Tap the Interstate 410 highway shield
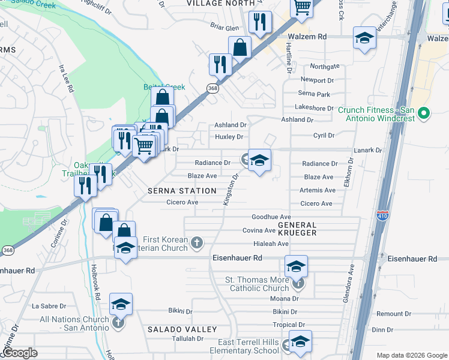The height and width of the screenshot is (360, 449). tap(382, 215)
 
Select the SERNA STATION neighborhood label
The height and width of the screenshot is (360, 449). tap(182, 191)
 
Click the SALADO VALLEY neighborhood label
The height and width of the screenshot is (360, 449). tap(182, 329)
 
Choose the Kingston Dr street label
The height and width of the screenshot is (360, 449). tap(231, 190)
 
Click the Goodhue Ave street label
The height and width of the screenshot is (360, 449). tap(271, 217)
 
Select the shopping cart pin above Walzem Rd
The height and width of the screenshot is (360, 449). tap(302, 8)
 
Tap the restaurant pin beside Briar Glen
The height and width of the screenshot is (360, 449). tap(260, 23)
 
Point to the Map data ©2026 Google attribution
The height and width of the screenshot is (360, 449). tap(412, 355)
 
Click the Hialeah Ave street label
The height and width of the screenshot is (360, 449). tap(271, 244)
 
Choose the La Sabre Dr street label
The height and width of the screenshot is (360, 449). tap(47, 305)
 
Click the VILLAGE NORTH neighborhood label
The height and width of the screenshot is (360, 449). tap(217, 3)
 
